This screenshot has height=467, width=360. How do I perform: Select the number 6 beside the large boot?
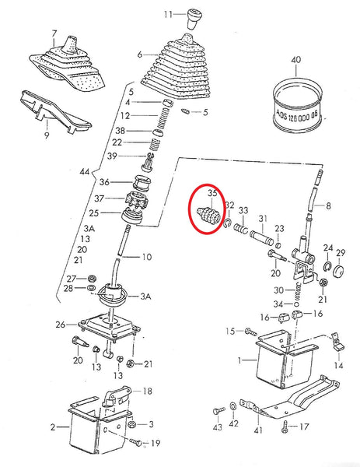click(139, 56)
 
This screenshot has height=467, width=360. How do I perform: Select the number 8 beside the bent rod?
click(328, 206)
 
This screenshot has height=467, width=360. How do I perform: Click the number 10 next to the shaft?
click(147, 256)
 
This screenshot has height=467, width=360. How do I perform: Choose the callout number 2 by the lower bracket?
click(53, 427)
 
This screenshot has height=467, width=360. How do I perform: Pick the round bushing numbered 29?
click(340, 271)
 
